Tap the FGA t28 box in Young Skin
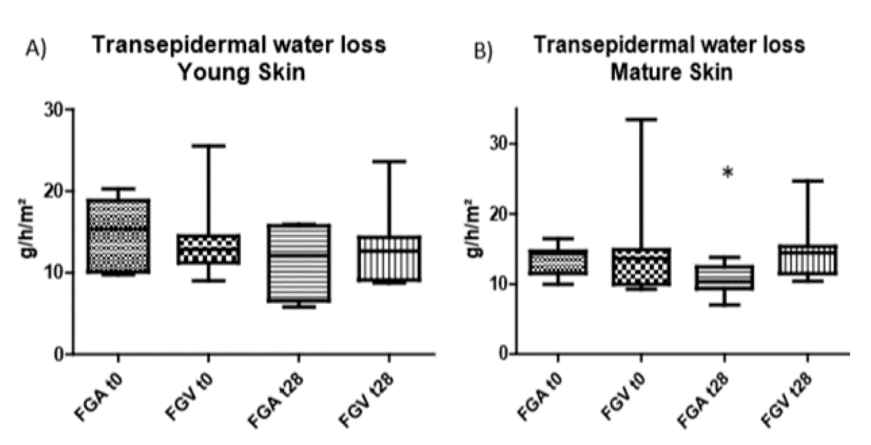pyautogui.click(x=299, y=263)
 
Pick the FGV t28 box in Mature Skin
pyautogui.click(x=808, y=260)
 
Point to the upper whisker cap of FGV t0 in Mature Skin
pyautogui.click(x=641, y=120)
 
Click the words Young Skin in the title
pyautogui.click(x=242, y=72)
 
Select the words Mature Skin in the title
pyautogui.click(x=671, y=72)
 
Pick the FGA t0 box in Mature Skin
pyautogui.click(x=558, y=262)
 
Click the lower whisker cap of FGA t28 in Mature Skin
pyautogui.click(x=724, y=305)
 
